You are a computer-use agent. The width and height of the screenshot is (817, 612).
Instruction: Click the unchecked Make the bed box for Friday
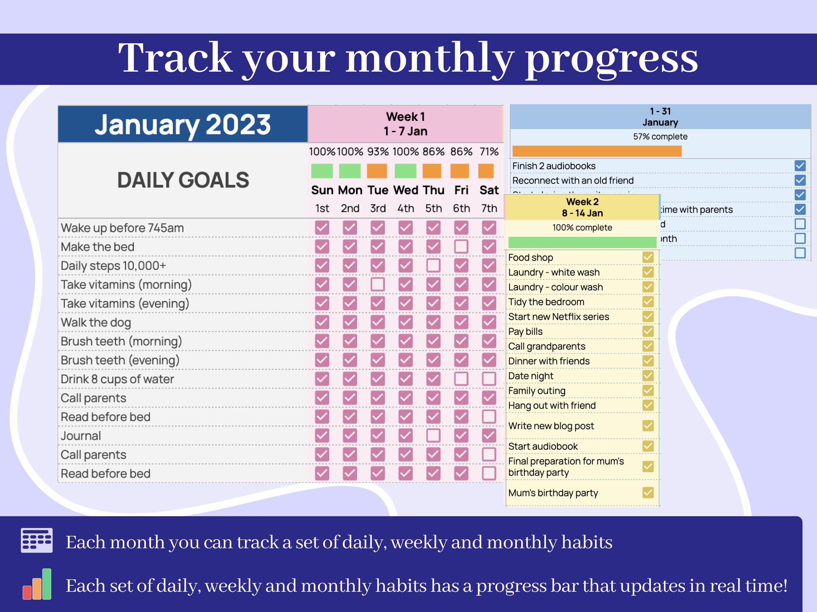(461, 246)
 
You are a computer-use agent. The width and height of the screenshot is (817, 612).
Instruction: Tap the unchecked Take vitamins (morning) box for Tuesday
(377, 284)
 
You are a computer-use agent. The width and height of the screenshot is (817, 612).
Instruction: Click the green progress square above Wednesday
(405, 171)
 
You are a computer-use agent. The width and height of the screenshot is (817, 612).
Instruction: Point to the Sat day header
(489, 190)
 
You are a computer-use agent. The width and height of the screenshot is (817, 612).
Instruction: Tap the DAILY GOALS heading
(183, 180)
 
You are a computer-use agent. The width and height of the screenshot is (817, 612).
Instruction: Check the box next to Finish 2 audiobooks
(800, 166)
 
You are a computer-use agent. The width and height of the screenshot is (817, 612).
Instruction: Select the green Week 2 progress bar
(582, 242)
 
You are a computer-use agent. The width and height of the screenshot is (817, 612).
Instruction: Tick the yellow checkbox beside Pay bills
(648, 331)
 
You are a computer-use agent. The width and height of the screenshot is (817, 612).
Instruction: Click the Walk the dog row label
(96, 322)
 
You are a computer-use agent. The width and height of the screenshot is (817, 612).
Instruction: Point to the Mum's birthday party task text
(553, 493)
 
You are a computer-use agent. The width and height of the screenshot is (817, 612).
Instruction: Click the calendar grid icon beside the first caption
(37, 540)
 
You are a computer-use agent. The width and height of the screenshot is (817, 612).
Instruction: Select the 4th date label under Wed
(405, 209)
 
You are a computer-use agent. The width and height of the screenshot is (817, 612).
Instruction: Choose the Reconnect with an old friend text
(573, 180)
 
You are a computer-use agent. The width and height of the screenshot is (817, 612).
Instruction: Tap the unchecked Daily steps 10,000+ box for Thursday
(433, 265)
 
